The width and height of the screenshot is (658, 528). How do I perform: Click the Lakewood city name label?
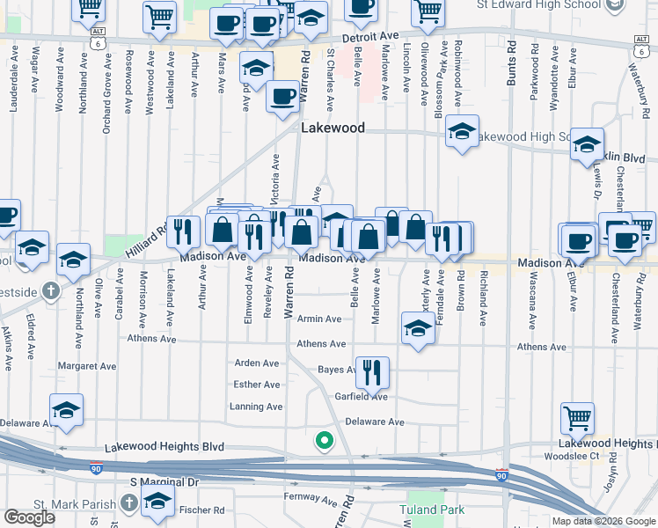(x=333, y=128)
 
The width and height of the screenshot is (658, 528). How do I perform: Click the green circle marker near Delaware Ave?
(x=325, y=439)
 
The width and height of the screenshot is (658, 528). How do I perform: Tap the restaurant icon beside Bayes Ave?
(x=372, y=372)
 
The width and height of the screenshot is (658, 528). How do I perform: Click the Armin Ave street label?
(x=319, y=319)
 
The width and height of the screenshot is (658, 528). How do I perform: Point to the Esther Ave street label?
(x=256, y=385)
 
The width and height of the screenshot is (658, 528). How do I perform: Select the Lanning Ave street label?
(x=256, y=407)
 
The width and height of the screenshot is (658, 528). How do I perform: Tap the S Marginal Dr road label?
(x=165, y=482)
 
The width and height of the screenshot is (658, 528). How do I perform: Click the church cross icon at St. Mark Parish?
(x=128, y=502)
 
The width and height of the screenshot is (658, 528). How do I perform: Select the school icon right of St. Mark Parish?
(x=158, y=502)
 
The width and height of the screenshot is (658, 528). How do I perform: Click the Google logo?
(x=29, y=517)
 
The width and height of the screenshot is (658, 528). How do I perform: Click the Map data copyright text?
(x=590, y=521)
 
